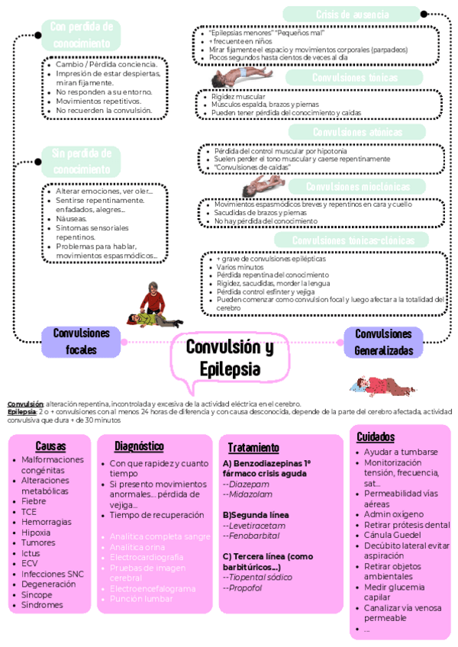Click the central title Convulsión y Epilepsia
(x=229, y=359)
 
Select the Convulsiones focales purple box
(x=82, y=342)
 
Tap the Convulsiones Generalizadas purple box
(x=383, y=343)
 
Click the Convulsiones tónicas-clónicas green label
(x=350, y=241)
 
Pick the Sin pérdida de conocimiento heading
(x=80, y=161)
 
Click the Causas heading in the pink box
(x=50, y=446)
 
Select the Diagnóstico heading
(x=139, y=446)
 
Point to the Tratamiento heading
(x=253, y=448)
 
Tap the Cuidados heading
(x=376, y=437)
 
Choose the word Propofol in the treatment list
(x=243, y=588)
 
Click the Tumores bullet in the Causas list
(x=38, y=542)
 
